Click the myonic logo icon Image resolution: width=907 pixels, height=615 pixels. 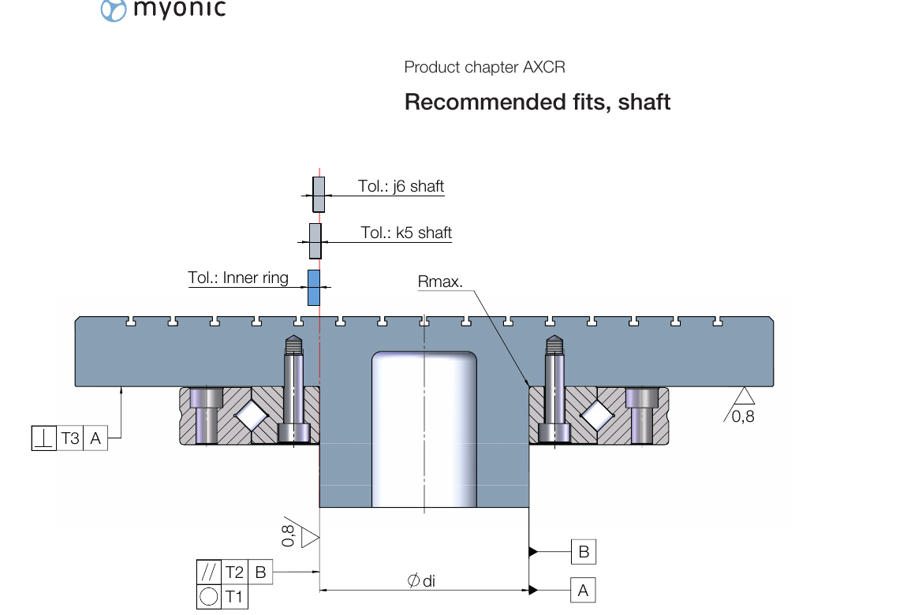(114, 10)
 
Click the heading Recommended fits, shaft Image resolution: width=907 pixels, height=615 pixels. (537, 102)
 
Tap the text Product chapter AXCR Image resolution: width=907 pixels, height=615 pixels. (484, 67)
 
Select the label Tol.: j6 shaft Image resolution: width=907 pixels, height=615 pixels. (401, 187)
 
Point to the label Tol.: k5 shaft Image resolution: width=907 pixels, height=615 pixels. (406, 233)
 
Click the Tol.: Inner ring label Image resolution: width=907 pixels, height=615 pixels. (238, 278)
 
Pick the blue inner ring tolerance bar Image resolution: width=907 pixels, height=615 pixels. (314, 288)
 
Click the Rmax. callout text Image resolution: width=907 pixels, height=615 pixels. (440, 282)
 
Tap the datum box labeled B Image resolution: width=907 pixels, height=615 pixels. (583, 552)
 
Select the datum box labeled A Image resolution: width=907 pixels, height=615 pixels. (583, 590)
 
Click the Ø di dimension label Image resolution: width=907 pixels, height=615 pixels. (421, 581)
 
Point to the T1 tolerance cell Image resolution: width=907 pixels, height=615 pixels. (234, 597)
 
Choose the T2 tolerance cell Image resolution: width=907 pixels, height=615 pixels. (234, 572)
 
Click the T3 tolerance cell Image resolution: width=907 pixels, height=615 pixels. (70, 438)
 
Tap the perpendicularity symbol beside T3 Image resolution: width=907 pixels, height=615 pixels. (43, 438)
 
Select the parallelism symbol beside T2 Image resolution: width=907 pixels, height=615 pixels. (209, 572)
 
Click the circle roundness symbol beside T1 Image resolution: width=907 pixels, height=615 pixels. (209, 597)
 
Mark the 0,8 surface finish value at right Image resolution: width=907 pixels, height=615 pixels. (743, 416)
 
